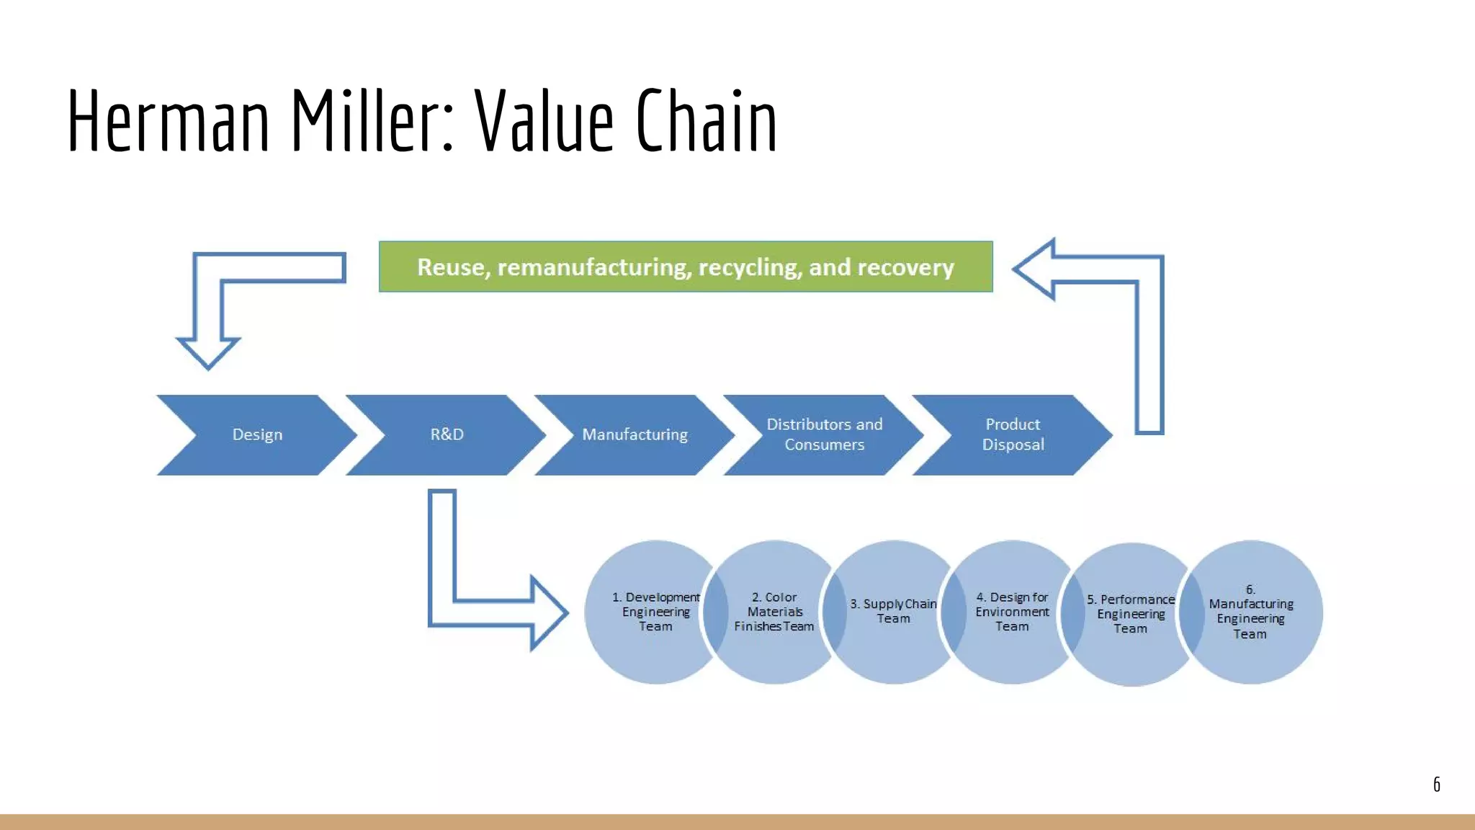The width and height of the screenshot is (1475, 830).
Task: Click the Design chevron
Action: pyautogui.click(x=257, y=434)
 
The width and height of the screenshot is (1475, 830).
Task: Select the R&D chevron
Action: pyautogui.click(x=447, y=434)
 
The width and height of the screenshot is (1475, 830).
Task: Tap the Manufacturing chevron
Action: pyautogui.click(x=635, y=434)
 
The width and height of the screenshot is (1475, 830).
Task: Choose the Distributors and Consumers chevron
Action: pyautogui.click(x=824, y=434)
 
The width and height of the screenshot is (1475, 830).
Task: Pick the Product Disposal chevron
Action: pyautogui.click(x=1013, y=434)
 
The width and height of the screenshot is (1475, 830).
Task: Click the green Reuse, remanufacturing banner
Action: pyautogui.click(x=685, y=267)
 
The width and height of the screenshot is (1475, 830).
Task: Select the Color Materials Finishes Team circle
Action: pyautogui.click(x=774, y=612)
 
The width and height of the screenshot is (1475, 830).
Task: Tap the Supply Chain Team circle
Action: pyautogui.click(x=893, y=612)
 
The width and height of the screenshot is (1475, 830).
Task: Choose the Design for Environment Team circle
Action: pyautogui.click(x=1012, y=612)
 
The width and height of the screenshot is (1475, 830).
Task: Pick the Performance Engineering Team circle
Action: pyautogui.click(x=1131, y=614)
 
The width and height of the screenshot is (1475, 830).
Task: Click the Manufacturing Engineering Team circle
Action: pyautogui.click(x=1250, y=612)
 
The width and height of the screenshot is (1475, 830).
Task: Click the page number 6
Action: pyautogui.click(x=1436, y=785)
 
